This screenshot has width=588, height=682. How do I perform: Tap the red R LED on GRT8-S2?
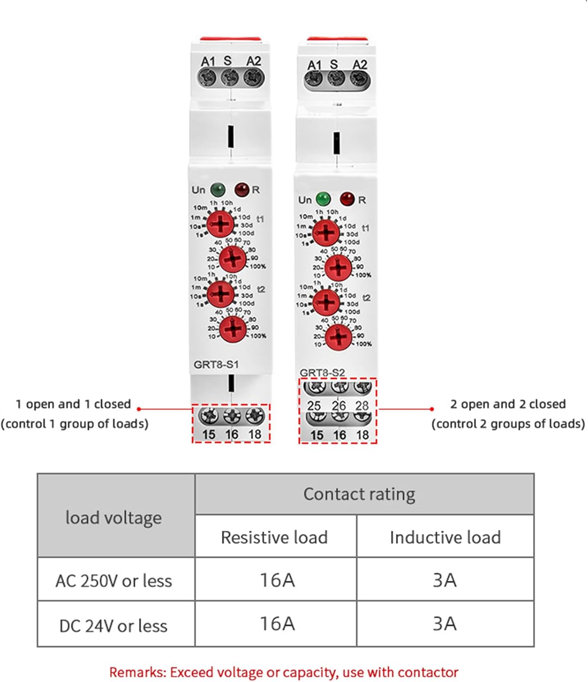click(347, 199)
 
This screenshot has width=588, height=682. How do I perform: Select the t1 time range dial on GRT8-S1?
click(221, 224)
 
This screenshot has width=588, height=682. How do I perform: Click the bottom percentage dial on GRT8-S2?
click(338, 337)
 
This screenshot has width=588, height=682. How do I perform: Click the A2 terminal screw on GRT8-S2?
click(359, 80)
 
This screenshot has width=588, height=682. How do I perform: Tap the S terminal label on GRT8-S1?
click(227, 60)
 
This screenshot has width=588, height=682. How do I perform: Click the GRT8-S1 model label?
click(216, 365)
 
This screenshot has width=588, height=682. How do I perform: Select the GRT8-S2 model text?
click(322, 373)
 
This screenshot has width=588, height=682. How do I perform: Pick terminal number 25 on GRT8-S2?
click(314, 406)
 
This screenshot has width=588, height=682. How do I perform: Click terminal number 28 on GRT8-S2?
click(362, 406)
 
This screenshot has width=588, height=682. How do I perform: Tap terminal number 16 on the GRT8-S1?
click(231, 435)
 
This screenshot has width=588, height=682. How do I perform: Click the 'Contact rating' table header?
click(359, 494)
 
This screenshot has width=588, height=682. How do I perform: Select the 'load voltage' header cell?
click(114, 517)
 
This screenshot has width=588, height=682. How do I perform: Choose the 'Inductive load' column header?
click(445, 537)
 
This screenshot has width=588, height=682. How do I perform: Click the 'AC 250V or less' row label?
click(114, 581)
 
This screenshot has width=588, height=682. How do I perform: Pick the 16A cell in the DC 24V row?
click(276, 624)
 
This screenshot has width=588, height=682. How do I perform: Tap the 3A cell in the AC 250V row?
click(444, 580)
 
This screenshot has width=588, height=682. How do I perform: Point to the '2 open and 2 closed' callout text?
click(508, 404)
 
